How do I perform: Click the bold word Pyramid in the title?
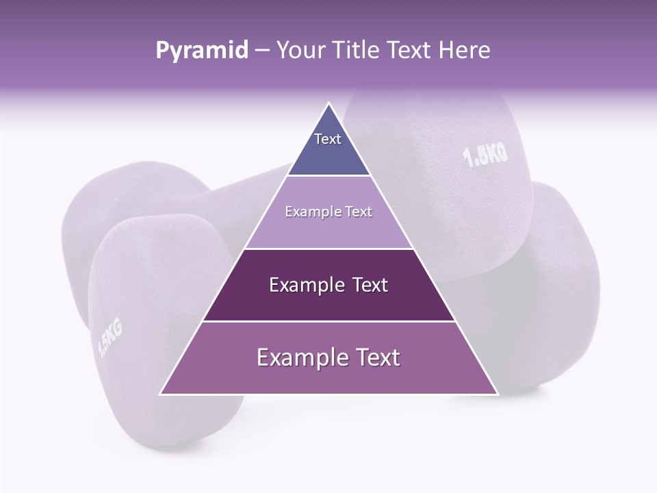pyautogui.click(x=201, y=51)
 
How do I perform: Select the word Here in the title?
pyautogui.click(x=465, y=51)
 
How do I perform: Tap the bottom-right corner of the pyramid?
pyautogui.click(x=497, y=394)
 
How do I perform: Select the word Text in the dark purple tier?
pyautogui.click(x=370, y=285)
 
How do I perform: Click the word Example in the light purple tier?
pyautogui.click(x=309, y=212)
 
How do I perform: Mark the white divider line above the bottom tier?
pyautogui.click(x=328, y=321)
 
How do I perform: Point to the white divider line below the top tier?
pyautogui.click(x=328, y=176)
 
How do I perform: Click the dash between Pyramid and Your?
pyautogui.click(x=262, y=51)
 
